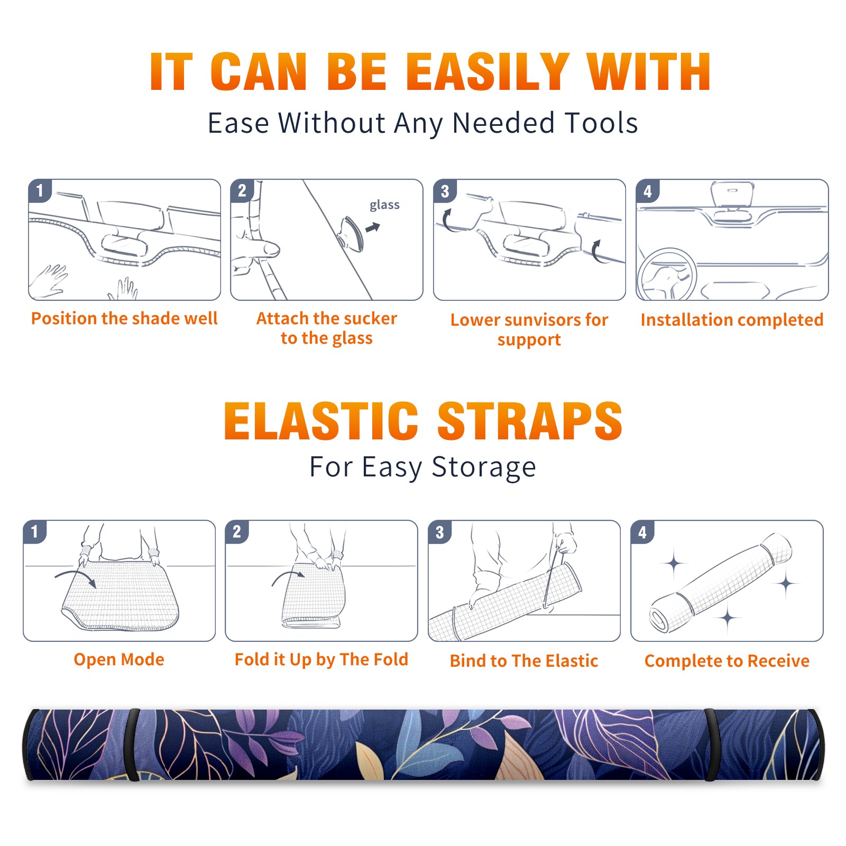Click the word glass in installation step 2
384,205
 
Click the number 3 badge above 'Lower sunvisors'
445,191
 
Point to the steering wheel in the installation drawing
667,274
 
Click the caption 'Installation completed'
732,320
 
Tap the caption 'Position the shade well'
124,318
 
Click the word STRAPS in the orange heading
530,421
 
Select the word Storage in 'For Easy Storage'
484,467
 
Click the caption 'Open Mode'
119,660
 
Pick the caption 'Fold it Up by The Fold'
321,660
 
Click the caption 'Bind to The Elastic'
524,661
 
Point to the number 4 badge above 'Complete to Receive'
642,532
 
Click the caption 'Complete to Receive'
727,661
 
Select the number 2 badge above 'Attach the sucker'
242,191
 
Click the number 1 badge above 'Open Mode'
35,532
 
